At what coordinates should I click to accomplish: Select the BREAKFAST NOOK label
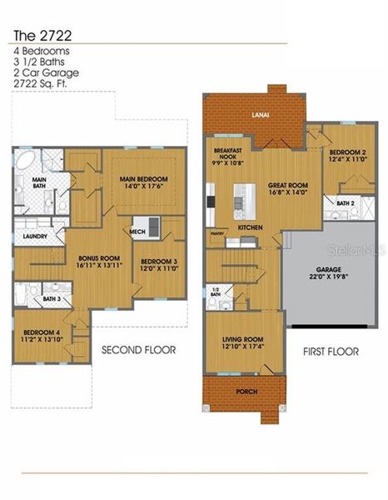pyautogui.click(x=226, y=154)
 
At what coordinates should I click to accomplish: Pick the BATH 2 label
pyautogui.click(x=346, y=202)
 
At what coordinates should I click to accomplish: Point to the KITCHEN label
pyautogui.click(x=251, y=227)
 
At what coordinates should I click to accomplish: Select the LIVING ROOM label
pyautogui.click(x=242, y=339)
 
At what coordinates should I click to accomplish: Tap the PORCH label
pyautogui.click(x=246, y=390)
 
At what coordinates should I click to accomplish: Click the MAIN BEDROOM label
pyautogui.click(x=143, y=179)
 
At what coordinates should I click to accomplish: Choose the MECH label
pyautogui.click(x=137, y=232)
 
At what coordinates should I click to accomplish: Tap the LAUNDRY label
pyautogui.click(x=34, y=237)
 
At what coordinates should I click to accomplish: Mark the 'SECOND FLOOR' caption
pyautogui.click(x=139, y=350)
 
